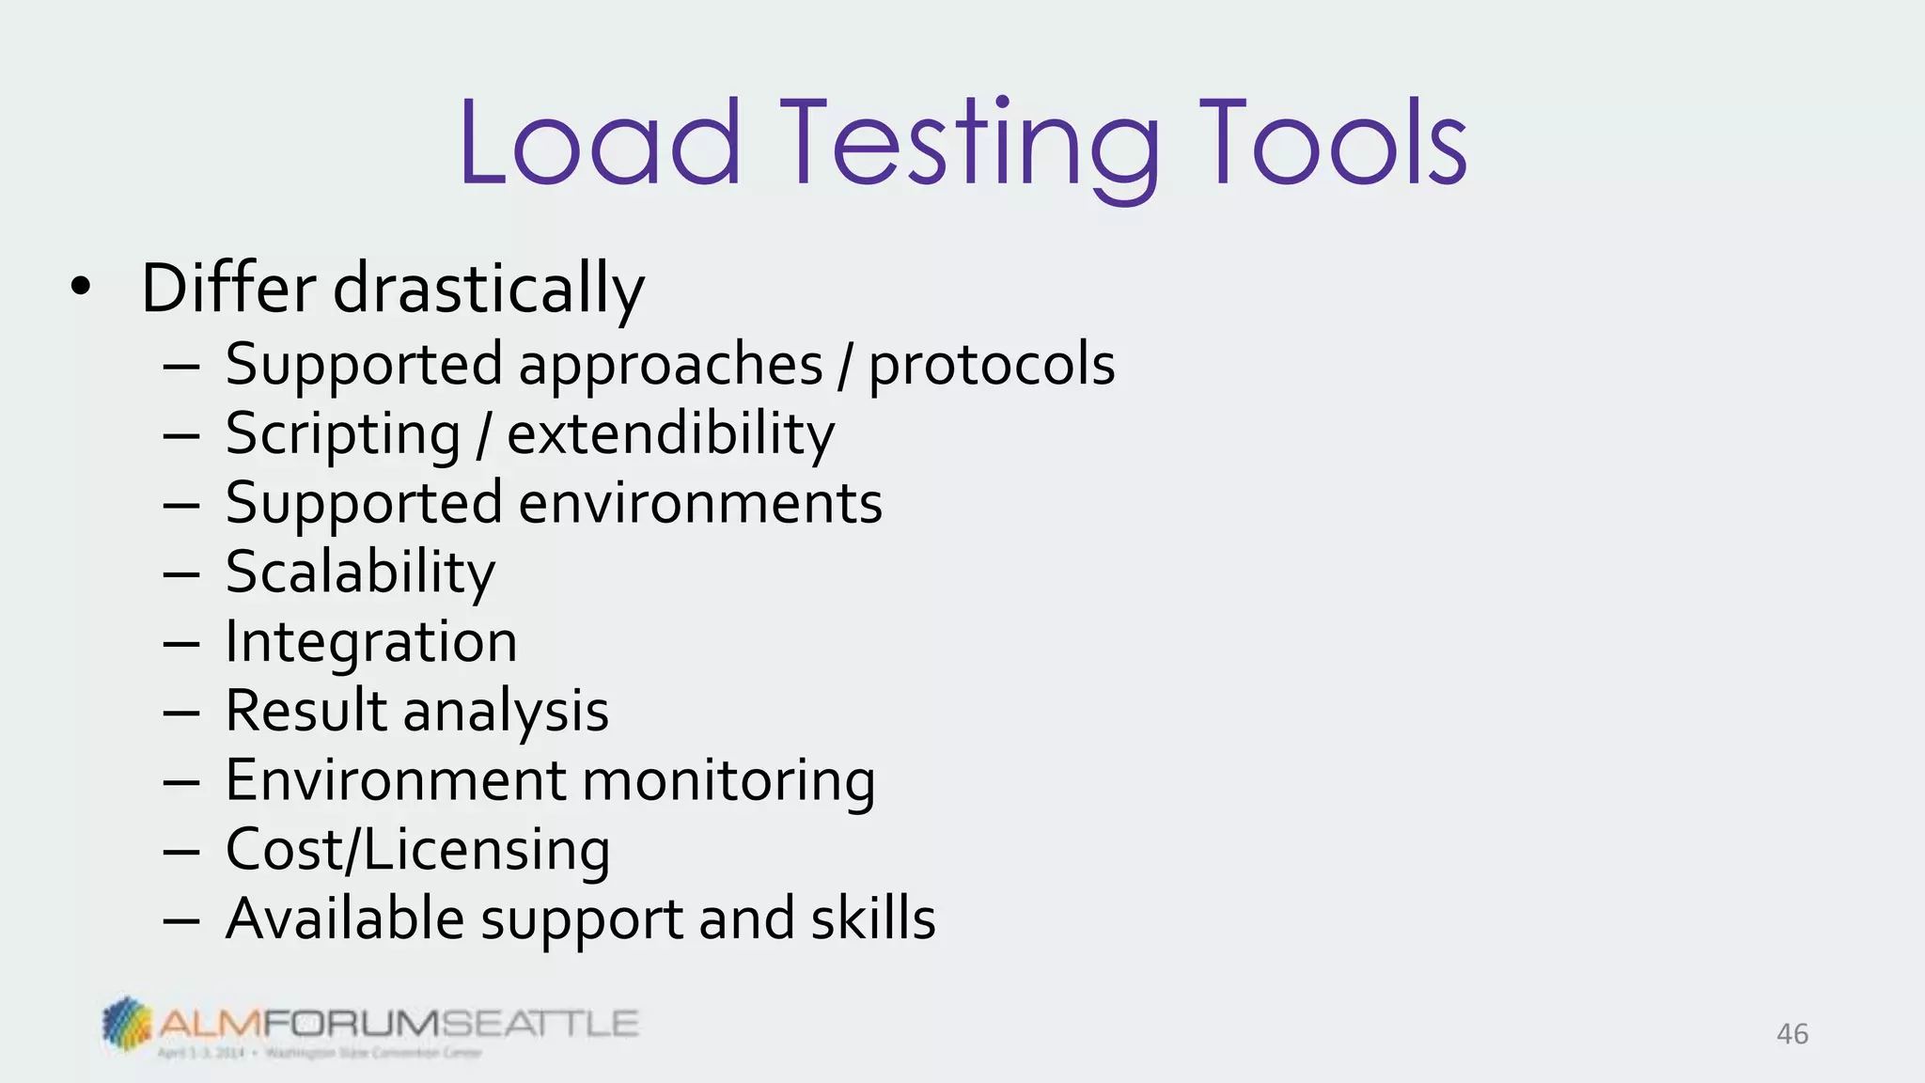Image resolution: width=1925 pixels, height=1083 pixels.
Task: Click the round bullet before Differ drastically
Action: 81,288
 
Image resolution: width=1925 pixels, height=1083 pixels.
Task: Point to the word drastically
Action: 489,290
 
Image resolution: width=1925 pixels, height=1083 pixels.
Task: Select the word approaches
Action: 671,367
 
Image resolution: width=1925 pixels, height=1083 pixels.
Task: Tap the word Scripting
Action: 343,436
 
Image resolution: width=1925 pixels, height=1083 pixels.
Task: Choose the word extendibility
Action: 670,434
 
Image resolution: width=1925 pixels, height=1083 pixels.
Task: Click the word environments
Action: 700,503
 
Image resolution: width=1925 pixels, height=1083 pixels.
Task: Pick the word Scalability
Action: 360,573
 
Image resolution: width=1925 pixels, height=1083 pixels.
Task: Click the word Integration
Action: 371,643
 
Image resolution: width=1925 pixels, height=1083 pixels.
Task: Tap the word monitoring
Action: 728,782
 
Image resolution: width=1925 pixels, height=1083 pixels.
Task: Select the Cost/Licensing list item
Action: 417,850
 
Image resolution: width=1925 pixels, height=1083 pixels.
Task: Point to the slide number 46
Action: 1792,1034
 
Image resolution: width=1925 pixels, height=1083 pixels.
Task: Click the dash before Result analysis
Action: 180,713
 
